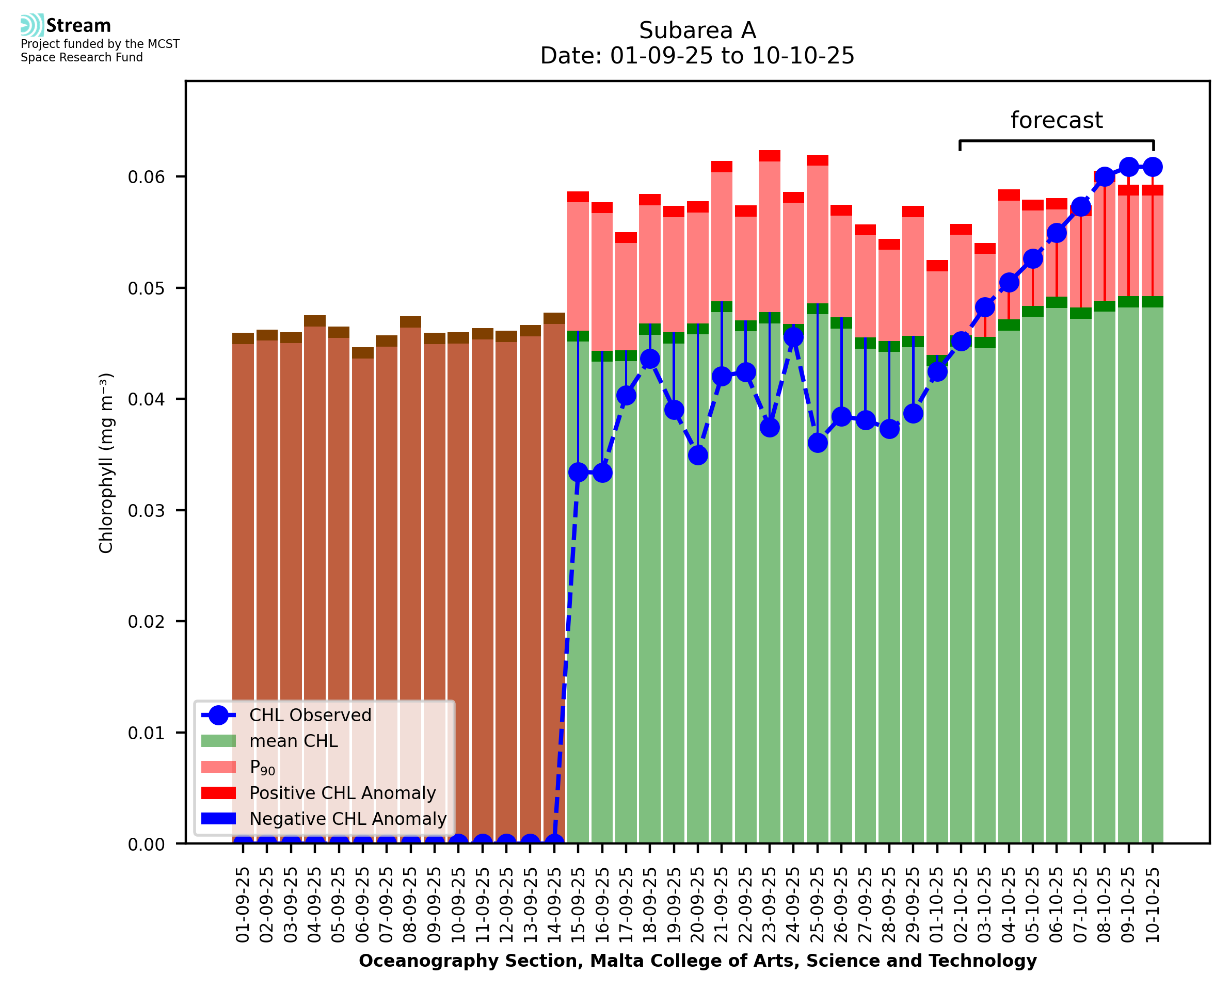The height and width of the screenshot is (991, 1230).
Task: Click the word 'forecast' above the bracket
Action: (x=1056, y=120)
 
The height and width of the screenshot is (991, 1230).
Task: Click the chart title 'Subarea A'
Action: (x=697, y=30)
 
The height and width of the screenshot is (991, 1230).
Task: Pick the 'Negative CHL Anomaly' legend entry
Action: (x=347, y=819)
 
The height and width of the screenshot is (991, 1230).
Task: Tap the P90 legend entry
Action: (x=262, y=767)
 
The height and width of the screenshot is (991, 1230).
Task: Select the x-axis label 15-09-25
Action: (x=578, y=905)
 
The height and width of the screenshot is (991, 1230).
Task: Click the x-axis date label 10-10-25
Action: (x=1153, y=905)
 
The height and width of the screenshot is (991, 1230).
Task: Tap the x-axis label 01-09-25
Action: (x=243, y=905)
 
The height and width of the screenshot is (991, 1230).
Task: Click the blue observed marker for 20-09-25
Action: (x=698, y=455)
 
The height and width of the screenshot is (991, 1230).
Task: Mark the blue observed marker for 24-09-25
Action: (x=793, y=337)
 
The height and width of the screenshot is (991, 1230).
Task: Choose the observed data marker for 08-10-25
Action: (x=1105, y=177)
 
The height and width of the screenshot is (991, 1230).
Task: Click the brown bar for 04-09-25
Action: (x=315, y=571)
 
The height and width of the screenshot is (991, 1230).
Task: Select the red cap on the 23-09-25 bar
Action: (x=769, y=156)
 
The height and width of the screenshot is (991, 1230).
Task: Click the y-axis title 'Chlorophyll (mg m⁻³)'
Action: (x=106, y=462)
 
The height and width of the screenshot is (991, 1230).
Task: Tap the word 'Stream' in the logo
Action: (x=78, y=26)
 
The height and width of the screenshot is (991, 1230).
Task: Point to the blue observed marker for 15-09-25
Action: (x=578, y=472)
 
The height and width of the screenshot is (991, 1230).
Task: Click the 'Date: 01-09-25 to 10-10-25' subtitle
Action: (x=697, y=56)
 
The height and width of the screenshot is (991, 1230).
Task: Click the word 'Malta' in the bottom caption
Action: (x=612, y=961)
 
